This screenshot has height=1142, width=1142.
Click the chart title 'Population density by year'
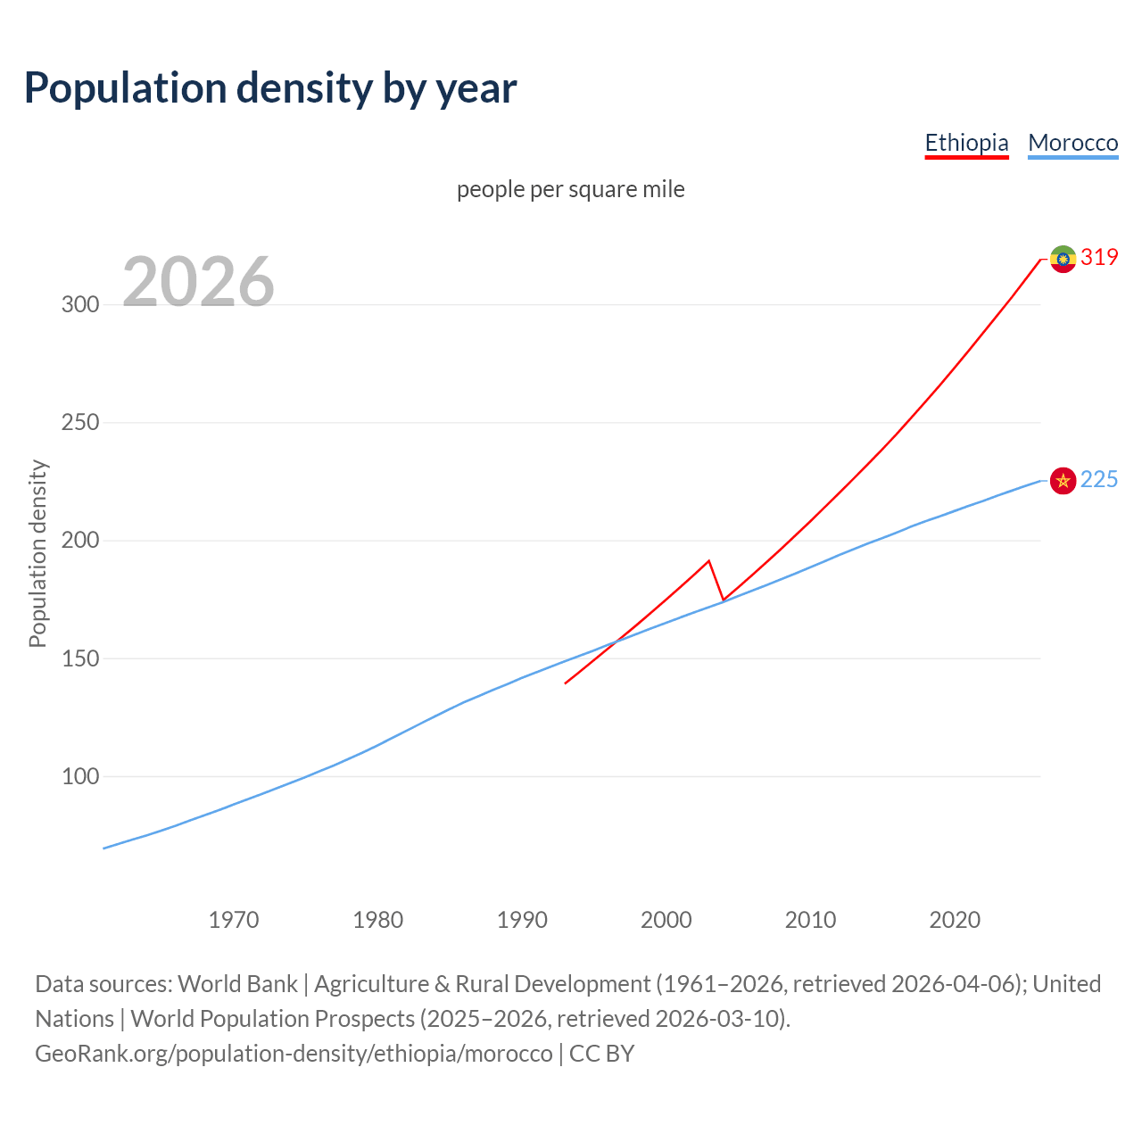[270, 88]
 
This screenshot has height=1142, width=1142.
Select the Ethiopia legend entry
[966, 143]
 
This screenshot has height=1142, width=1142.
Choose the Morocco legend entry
[1072, 143]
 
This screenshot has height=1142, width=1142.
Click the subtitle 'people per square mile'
[570, 189]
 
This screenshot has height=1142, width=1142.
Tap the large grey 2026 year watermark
[198, 282]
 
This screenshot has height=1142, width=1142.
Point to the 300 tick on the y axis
[79, 304]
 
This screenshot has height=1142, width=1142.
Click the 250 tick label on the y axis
[79, 422]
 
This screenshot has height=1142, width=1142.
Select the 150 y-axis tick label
[79, 658]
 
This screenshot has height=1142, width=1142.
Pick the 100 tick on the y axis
[79, 776]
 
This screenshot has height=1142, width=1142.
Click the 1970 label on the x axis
[234, 920]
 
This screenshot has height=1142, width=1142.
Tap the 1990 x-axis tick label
[522, 920]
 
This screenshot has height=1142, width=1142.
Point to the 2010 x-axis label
[810, 920]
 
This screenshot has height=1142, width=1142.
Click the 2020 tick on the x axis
[955, 920]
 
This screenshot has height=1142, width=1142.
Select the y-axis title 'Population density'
[37, 553]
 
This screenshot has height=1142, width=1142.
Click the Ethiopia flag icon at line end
[1063, 259]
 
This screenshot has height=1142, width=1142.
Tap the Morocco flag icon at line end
[1063, 481]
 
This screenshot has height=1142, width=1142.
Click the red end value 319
[1099, 258]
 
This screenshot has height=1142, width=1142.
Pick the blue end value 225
[1099, 480]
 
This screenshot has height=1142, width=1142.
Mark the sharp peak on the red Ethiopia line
[708, 561]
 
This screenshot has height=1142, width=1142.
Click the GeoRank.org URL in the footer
[294, 1054]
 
